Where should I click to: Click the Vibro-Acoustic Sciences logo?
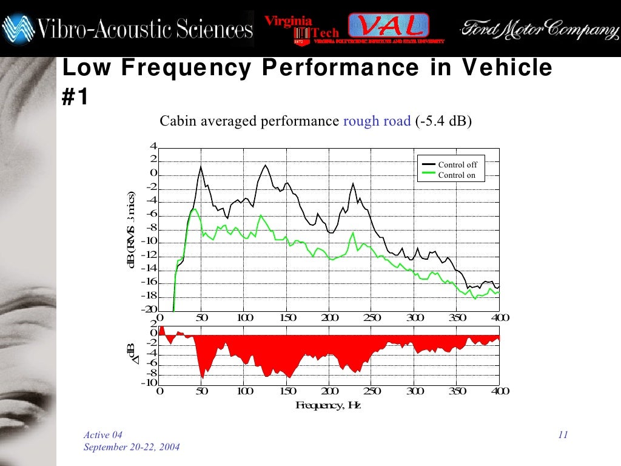point(127,28)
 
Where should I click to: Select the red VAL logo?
point(389,25)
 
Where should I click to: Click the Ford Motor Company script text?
point(536,28)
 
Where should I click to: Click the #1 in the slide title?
point(75,96)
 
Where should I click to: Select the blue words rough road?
point(377,121)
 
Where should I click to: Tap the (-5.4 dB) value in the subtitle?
point(443,121)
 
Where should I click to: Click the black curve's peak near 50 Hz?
point(201,166)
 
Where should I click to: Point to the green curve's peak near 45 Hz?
point(196,209)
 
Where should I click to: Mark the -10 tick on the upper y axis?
point(149,241)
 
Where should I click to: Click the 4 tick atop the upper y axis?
point(153,146)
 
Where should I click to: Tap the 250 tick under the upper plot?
point(372,318)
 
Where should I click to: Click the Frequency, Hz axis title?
point(328,405)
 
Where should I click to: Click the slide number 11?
point(562,435)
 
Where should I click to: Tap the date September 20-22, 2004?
point(131,447)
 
